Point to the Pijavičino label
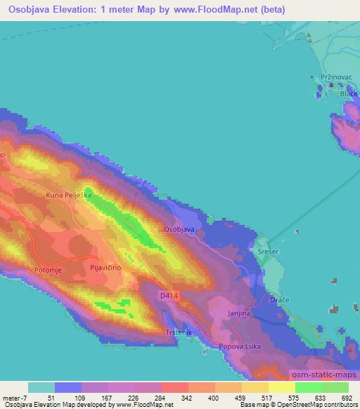(108, 268)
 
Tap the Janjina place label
(239, 314)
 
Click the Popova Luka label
(239, 346)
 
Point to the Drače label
(281, 301)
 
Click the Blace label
(349, 93)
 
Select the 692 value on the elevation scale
(347, 397)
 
